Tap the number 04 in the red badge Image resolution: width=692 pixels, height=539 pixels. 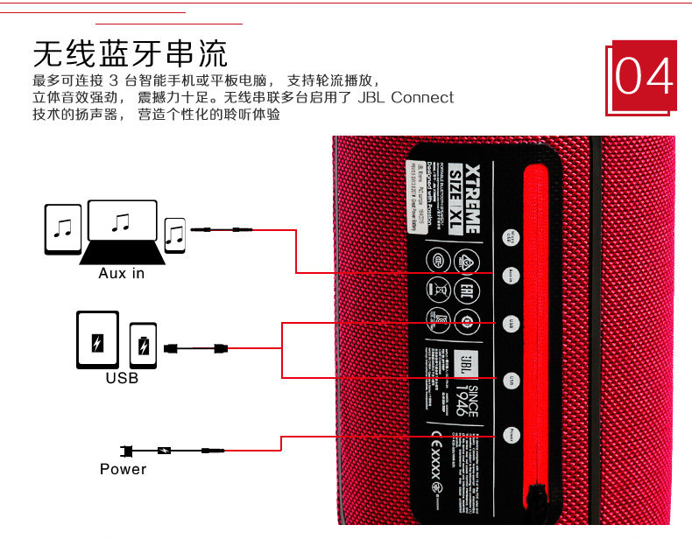[644, 77]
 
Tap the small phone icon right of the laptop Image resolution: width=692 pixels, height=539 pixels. [176, 234]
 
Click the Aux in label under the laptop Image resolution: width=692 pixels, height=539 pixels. [121, 274]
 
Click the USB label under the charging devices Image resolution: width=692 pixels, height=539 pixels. [122, 379]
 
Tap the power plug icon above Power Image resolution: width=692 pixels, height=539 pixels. [128, 451]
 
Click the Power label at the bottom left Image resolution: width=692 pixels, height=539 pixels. [123, 469]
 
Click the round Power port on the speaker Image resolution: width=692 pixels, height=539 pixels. [511, 434]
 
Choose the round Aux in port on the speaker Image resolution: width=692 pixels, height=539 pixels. [511, 274]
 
